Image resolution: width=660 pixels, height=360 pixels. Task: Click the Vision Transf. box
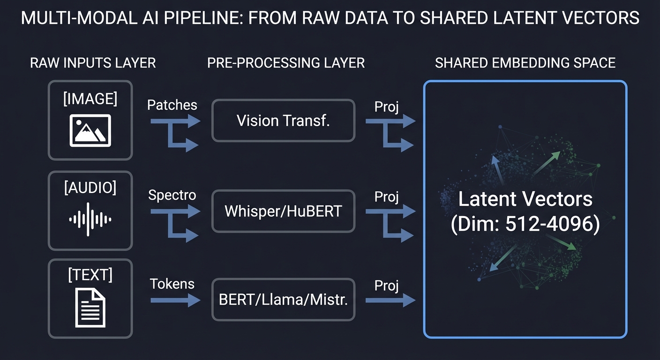pos(283,120)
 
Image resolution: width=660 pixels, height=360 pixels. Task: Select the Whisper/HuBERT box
pos(283,211)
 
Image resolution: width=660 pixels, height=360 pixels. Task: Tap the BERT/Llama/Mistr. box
pos(283,300)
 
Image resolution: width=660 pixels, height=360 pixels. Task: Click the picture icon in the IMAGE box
pos(90,129)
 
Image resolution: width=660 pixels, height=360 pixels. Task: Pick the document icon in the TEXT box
pos(90,307)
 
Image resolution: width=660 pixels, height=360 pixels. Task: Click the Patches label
pos(172,105)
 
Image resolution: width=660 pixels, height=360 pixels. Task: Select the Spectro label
pos(172,195)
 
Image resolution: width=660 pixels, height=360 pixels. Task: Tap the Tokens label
pos(172,284)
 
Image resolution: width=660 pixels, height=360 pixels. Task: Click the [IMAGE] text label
pos(90,99)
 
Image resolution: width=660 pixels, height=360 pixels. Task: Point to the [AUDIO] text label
pos(90,188)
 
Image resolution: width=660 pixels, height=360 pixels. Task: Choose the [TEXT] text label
pos(90,276)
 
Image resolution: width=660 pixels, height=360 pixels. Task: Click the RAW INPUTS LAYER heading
pos(93,63)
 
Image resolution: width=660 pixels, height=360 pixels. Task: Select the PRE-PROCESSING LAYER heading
pos(286,63)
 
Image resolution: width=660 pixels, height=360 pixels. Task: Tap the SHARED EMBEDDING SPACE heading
pos(525,63)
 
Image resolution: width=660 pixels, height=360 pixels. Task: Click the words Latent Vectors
pos(525,200)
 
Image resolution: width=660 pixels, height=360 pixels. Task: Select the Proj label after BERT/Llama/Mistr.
pos(386,285)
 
